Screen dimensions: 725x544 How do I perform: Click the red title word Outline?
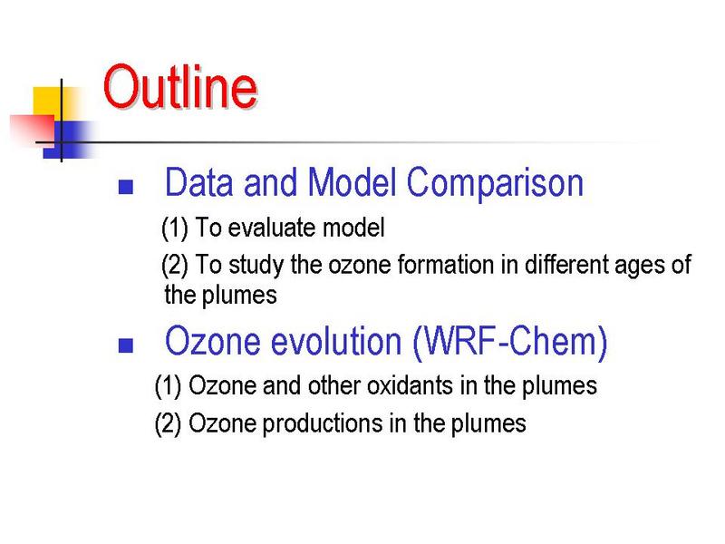[180, 86]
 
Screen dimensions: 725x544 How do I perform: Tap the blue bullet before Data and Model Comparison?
[126, 187]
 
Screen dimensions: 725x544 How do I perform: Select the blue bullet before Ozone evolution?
[126, 345]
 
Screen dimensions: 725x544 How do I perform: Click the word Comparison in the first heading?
[495, 184]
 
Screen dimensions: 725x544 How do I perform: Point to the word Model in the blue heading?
[352, 182]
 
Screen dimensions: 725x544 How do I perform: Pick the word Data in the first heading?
[198, 182]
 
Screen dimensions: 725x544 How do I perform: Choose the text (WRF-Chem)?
[510, 343]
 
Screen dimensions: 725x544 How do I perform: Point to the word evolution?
[336, 341]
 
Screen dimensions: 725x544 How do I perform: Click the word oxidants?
[411, 385]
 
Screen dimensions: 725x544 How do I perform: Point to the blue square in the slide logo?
[70, 140]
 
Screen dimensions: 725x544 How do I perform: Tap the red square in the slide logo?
[33, 131]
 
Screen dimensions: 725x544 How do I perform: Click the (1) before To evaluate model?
[175, 228]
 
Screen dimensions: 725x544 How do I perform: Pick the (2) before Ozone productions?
[168, 424]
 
